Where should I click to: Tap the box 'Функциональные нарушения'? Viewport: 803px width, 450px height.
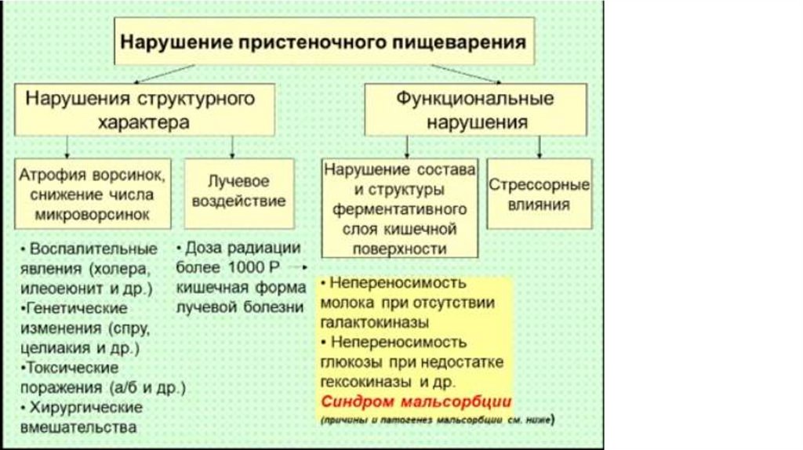point(476,111)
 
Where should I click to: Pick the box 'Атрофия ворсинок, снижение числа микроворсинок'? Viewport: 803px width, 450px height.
point(93,193)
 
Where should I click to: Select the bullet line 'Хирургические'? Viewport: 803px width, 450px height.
point(85,408)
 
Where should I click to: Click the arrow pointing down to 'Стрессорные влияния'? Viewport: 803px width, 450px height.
point(539,147)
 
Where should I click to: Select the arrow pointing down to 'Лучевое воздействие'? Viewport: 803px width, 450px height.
point(233,147)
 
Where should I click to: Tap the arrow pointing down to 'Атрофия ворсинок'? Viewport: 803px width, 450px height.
point(68,147)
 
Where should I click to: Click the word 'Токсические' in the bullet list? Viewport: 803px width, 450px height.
point(73,367)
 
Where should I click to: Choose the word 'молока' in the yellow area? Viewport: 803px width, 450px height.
point(345,303)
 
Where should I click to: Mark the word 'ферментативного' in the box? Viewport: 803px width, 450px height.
point(400,210)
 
